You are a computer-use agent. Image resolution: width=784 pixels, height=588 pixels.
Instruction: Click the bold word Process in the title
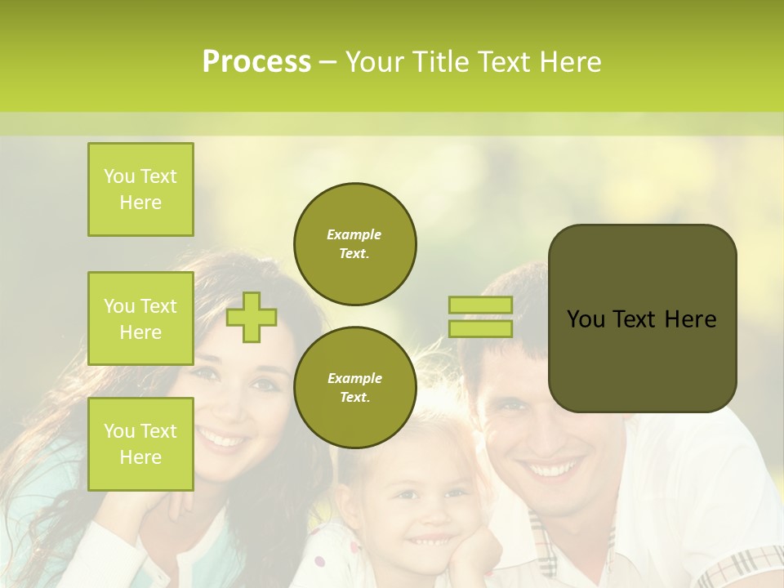coord(256,62)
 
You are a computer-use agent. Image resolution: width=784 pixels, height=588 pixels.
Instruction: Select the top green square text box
coord(140,189)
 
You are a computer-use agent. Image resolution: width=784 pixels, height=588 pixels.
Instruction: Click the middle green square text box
coord(140,318)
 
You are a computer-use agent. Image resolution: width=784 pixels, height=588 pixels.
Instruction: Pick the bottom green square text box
coord(140,443)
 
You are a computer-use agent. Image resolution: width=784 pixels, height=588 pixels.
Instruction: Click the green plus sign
coord(252,317)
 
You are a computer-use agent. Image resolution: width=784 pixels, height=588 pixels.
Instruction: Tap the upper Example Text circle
coord(354,243)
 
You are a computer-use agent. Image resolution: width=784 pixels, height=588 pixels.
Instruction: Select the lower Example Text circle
coord(354,387)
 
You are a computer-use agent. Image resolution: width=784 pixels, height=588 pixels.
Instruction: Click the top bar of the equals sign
coord(480,305)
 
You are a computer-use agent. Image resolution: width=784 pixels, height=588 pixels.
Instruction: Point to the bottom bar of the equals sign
coord(480,328)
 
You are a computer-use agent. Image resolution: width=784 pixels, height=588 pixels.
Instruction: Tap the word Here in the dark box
coord(690,319)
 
